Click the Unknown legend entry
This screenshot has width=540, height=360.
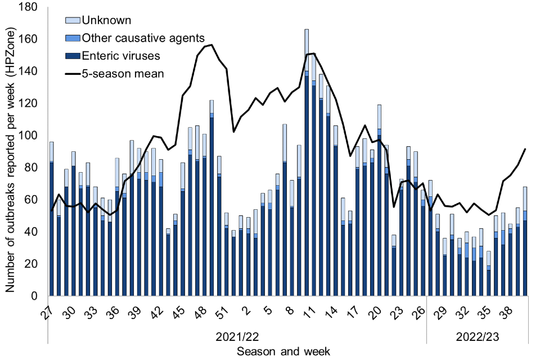107,21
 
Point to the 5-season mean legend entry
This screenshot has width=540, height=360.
123,73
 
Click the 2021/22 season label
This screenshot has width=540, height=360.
237,336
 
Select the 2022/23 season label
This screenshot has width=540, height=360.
477,336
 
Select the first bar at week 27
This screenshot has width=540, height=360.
52,219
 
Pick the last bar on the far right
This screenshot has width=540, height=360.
524,242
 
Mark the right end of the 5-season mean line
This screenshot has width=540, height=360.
525,149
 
